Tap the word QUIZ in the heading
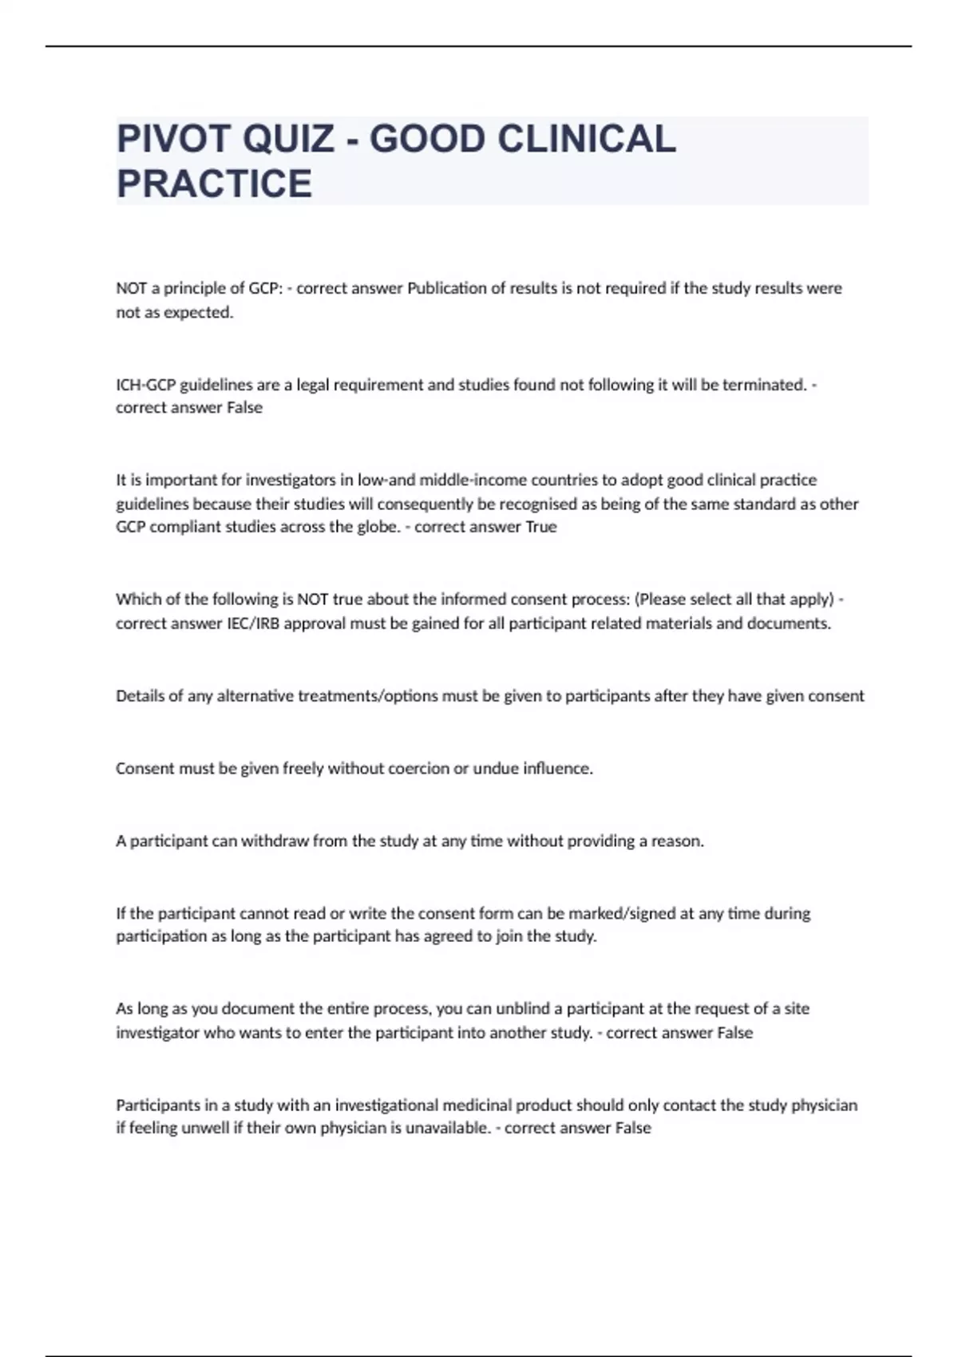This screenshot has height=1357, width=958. tap(288, 139)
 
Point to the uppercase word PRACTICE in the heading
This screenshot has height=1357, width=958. tap(214, 184)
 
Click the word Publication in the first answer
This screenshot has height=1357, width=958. tap(446, 288)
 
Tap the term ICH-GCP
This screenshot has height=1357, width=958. tap(145, 385)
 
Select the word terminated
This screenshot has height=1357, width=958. tap(764, 385)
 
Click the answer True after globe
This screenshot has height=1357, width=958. tap(540, 527)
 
